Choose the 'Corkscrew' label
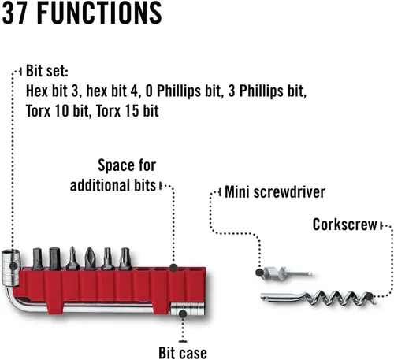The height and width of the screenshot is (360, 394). [x=344, y=225]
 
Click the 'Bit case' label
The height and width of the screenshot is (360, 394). [x=182, y=352]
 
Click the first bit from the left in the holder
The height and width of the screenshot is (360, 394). [x=37, y=258]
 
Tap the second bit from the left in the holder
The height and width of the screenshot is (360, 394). [x=55, y=258]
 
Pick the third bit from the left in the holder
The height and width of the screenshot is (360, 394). [x=72, y=258]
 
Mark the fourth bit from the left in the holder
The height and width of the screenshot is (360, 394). [x=91, y=258]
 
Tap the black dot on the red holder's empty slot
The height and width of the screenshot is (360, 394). [x=175, y=266]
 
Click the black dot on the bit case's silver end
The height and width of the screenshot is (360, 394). [x=182, y=312]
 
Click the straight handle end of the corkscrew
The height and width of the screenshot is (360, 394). [x=276, y=299]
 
